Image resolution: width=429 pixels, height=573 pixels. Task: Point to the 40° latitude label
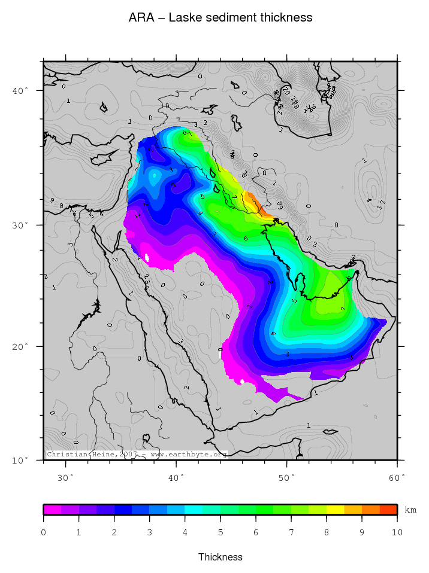[20, 91]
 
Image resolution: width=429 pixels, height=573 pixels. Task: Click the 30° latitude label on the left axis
[20, 225]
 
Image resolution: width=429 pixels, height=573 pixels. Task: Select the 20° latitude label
[20, 346]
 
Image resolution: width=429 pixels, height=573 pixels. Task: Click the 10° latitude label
[20, 460]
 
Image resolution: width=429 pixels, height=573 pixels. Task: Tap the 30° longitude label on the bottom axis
[65, 478]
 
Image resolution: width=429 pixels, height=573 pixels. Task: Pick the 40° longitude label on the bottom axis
[176, 478]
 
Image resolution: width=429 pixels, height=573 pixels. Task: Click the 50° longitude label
[287, 478]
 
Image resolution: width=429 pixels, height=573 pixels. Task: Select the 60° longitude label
[397, 478]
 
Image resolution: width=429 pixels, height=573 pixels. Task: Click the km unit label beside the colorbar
[410, 510]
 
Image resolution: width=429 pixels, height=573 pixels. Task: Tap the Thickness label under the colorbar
[220, 557]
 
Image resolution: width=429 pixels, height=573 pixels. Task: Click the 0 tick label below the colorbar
[44, 532]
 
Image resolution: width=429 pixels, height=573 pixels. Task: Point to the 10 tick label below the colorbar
[397, 532]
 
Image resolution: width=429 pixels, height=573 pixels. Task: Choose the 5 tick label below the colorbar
[220, 532]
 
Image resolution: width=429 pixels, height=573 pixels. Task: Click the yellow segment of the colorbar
[335, 510]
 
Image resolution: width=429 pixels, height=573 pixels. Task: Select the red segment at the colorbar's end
[388, 510]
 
